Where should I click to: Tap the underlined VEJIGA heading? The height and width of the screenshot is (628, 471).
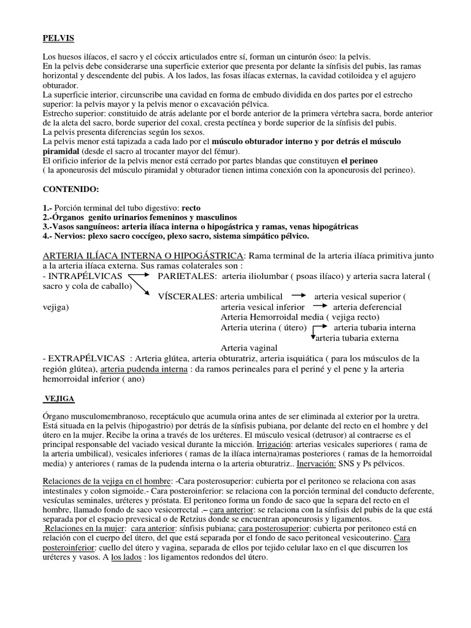tap(60, 399)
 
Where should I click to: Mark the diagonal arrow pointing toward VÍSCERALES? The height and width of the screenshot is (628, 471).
tap(141, 288)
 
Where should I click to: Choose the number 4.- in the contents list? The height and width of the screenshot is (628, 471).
tap(48, 235)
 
